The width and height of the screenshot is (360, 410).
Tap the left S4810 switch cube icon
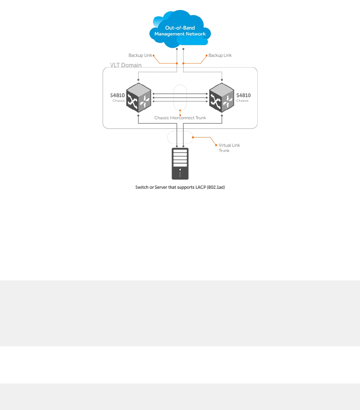(x=138, y=98)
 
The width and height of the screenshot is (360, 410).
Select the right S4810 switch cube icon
(x=222, y=98)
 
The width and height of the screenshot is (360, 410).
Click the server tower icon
(x=180, y=164)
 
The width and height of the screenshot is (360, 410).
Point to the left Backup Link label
(x=140, y=55)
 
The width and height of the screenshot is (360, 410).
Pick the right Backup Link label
(x=220, y=55)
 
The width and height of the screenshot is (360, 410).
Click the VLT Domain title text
(x=126, y=65)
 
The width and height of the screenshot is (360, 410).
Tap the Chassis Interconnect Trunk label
(x=180, y=118)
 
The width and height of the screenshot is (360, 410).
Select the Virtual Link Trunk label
(x=229, y=148)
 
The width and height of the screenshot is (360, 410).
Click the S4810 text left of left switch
(x=117, y=95)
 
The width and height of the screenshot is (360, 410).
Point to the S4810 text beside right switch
(x=244, y=95)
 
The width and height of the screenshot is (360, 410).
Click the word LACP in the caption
(x=200, y=187)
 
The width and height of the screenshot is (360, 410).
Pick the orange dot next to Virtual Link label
(x=216, y=145)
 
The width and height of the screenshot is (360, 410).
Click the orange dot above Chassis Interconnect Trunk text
(x=180, y=115)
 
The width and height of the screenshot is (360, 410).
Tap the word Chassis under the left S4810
(x=119, y=101)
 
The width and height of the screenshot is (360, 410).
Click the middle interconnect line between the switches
(x=180, y=98)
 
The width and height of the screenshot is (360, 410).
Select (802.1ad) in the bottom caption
(x=216, y=187)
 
